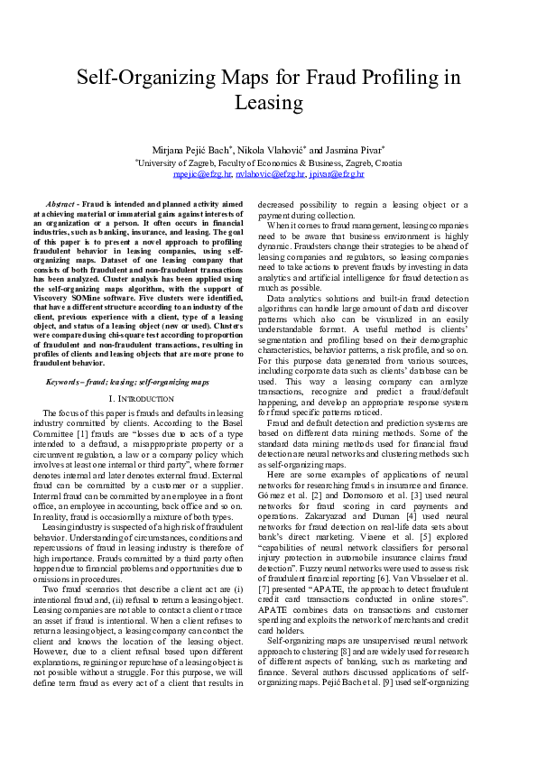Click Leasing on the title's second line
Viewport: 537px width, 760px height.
[268, 102]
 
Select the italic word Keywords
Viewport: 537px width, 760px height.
[64, 383]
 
